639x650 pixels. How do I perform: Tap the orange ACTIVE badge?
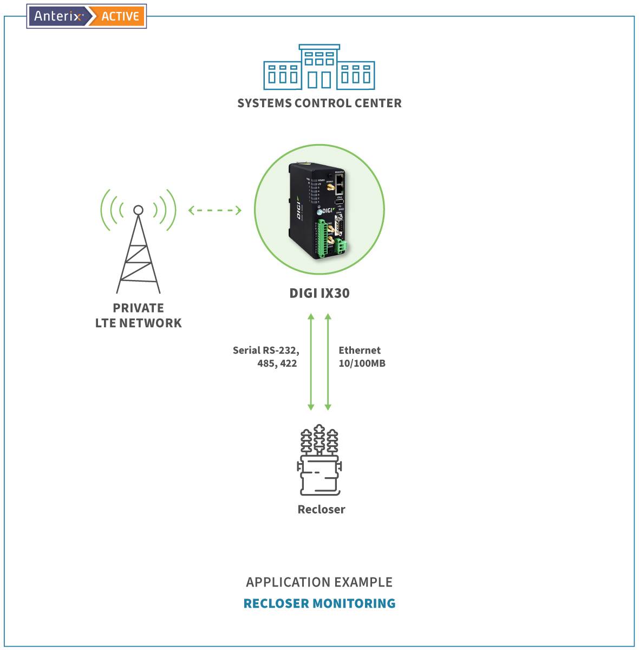pos(120,16)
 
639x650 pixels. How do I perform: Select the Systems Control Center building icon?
pos(319,67)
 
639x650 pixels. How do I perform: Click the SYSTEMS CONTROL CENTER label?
pos(319,103)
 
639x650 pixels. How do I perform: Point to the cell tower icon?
pos(138,252)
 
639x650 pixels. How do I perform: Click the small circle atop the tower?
pos(138,210)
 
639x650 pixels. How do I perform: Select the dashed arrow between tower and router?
pos(215,210)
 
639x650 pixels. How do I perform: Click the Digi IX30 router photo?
pos(319,210)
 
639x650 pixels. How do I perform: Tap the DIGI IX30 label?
pos(319,293)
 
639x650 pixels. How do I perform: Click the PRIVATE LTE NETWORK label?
pos(138,315)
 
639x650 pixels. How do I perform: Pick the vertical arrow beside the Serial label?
pos(311,361)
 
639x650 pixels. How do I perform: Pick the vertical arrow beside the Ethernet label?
pos(328,361)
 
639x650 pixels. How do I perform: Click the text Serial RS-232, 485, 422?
pos(266,356)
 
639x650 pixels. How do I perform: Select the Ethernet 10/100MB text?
pos(361,356)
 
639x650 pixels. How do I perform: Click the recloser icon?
pos(319,460)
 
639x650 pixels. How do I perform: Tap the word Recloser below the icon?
pos(321,509)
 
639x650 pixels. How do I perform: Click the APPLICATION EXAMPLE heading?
pos(319,582)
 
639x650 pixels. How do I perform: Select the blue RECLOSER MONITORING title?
pos(319,603)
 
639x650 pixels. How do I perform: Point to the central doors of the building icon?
pos(319,80)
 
